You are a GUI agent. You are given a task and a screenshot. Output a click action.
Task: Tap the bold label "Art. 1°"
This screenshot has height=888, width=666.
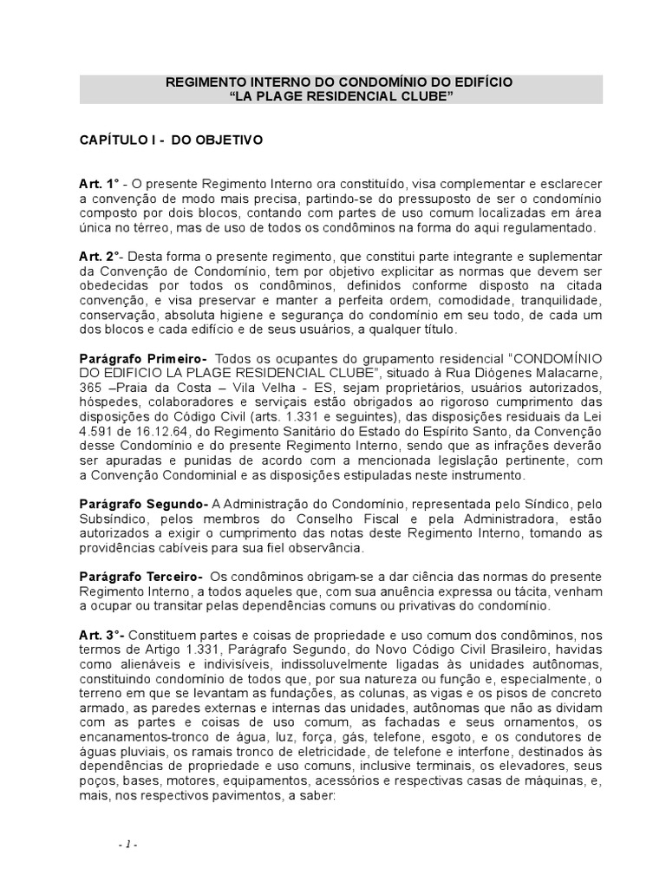(100, 185)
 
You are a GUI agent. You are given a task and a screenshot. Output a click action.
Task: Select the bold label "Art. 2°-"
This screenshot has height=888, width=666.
(101, 258)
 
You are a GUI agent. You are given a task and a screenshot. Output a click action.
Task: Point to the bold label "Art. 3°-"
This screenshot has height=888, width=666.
(101, 635)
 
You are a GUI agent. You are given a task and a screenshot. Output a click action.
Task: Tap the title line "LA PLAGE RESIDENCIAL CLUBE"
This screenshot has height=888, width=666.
(341, 96)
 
